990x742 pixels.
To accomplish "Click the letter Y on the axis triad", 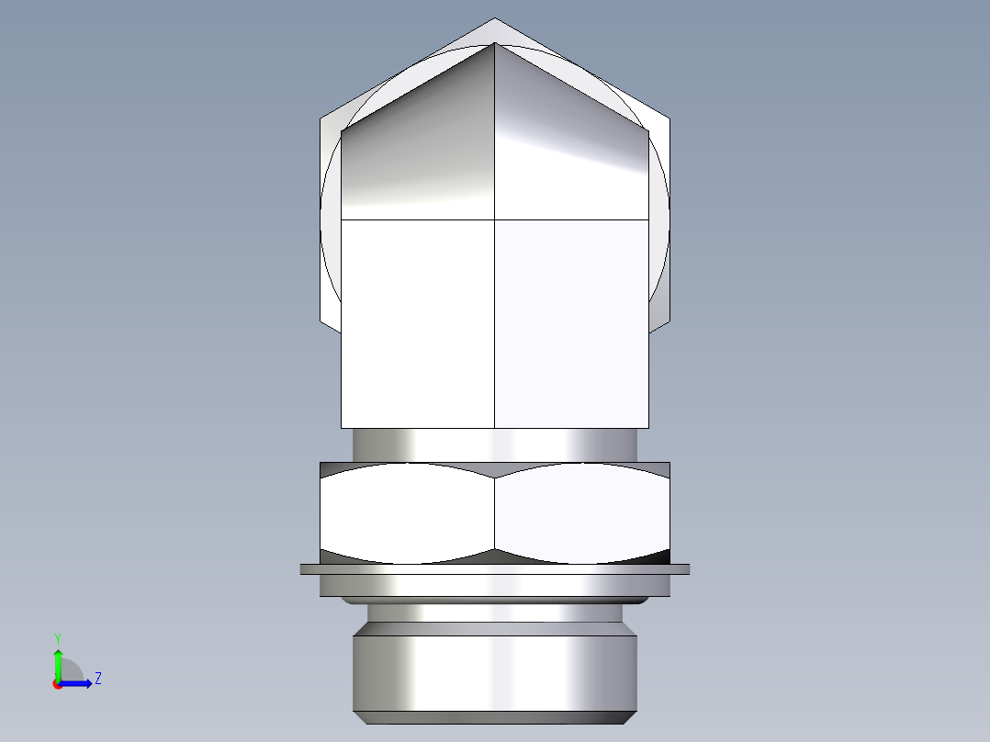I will (x=57, y=636).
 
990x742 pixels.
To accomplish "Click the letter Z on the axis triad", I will (x=97, y=679).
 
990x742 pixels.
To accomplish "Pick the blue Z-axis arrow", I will (x=78, y=683).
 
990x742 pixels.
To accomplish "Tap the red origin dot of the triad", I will (x=57, y=684).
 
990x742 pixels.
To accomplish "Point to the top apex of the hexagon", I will (x=495, y=18).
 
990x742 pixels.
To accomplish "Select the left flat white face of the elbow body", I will (x=418, y=321).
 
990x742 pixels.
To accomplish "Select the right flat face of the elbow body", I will (x=571, y=321).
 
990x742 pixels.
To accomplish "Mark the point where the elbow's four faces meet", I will (x=495, y=220).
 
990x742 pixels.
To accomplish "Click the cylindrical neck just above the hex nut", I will (x=494, y=444).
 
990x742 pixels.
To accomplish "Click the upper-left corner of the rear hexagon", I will (x=321, y=118).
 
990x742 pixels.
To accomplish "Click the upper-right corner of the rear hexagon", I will (x=669, y=118).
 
